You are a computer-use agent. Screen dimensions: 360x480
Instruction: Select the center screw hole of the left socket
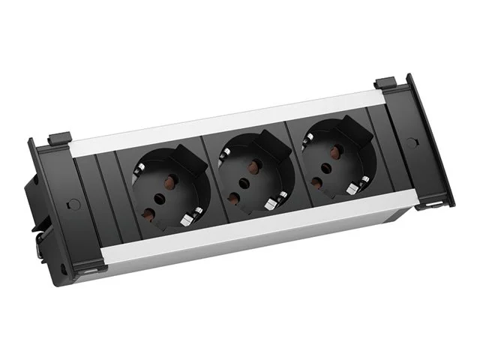click(160, 199)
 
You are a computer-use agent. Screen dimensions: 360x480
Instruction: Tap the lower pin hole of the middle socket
click(233, 196)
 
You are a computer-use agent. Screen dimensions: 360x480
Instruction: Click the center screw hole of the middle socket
click(244, 181)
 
